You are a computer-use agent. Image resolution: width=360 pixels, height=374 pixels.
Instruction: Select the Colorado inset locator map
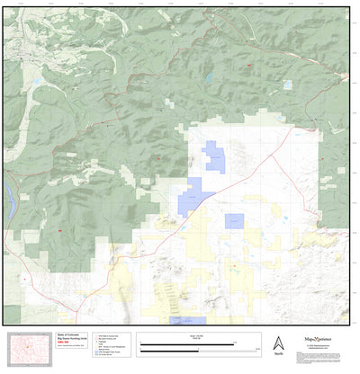30,347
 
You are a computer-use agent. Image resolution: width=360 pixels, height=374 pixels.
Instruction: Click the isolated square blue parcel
235,221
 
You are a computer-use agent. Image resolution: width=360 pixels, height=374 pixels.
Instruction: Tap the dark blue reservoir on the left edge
5,194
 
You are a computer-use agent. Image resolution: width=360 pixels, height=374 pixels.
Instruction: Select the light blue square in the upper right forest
288,85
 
